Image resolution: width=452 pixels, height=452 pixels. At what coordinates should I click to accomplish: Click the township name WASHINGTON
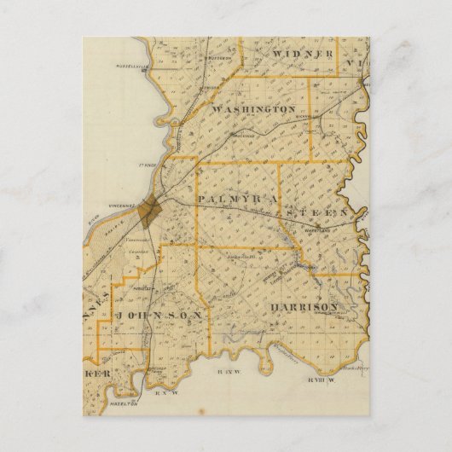click(253, 110)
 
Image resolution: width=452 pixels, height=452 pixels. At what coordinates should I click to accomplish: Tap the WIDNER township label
click(303, 55)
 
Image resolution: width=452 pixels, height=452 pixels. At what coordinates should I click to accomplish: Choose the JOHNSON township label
click(161, 315)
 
